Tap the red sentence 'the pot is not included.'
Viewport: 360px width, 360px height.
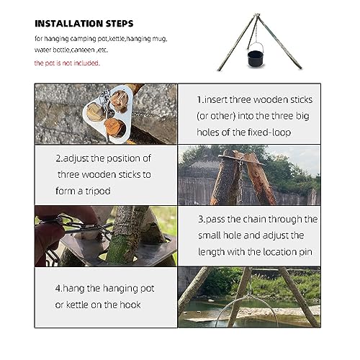[67, 63]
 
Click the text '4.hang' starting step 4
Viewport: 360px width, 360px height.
[72, 289]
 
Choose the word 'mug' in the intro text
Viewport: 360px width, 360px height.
[158, 38]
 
